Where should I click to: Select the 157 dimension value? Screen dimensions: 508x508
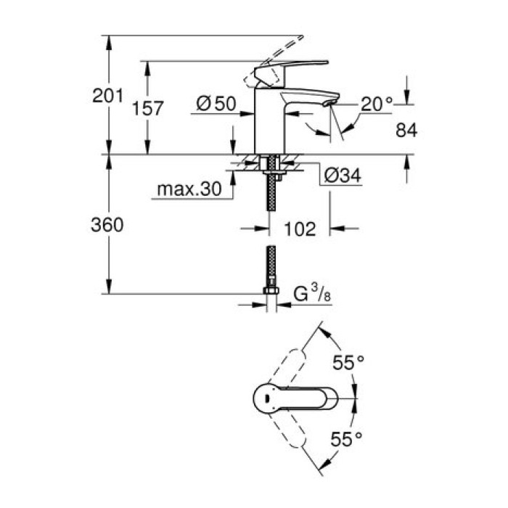[x=148, y=108]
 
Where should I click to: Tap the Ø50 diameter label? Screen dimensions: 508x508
[x=216, y=105]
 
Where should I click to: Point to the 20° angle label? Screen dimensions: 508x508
[x=377, y=105]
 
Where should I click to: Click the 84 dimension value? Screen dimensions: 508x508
[x=407, y=131]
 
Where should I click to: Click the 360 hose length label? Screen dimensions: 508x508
[x=107, y=225]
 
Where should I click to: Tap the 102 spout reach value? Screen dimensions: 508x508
[x=300, y=229]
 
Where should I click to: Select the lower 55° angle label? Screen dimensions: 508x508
[x=347, y=438]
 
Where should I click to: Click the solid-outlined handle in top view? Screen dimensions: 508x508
[x=294, y=398]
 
